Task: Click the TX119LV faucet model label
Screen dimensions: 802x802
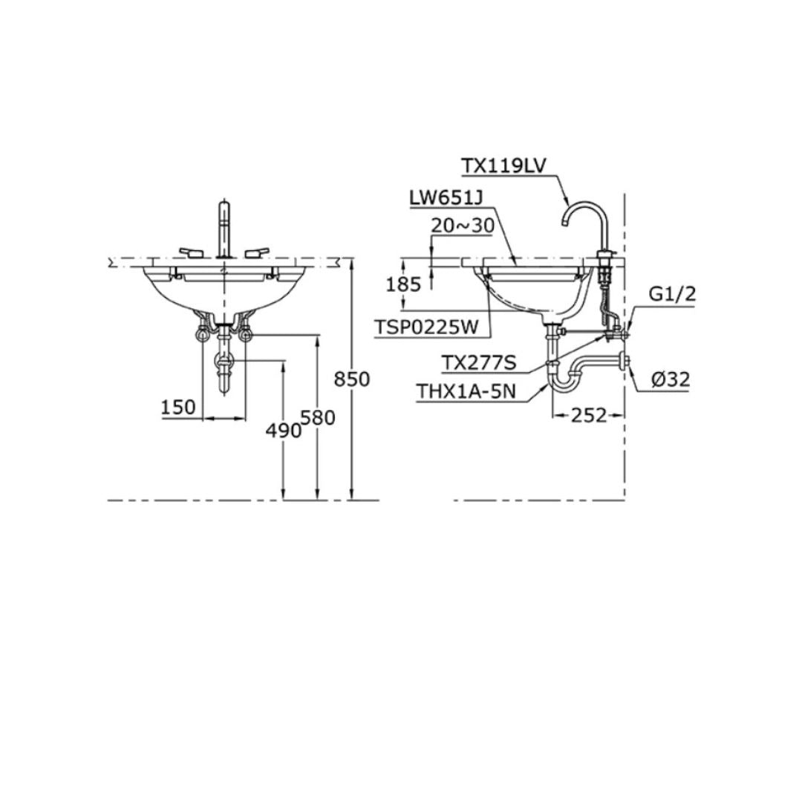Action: point(503,166)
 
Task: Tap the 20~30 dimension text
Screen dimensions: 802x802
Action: point(463,226)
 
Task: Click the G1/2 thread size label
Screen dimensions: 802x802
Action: point(672,293)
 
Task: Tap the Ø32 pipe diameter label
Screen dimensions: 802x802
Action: point(671,379)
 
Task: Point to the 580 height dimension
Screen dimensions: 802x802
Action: point(319,417)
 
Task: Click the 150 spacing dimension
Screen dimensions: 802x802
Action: point(178,407)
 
